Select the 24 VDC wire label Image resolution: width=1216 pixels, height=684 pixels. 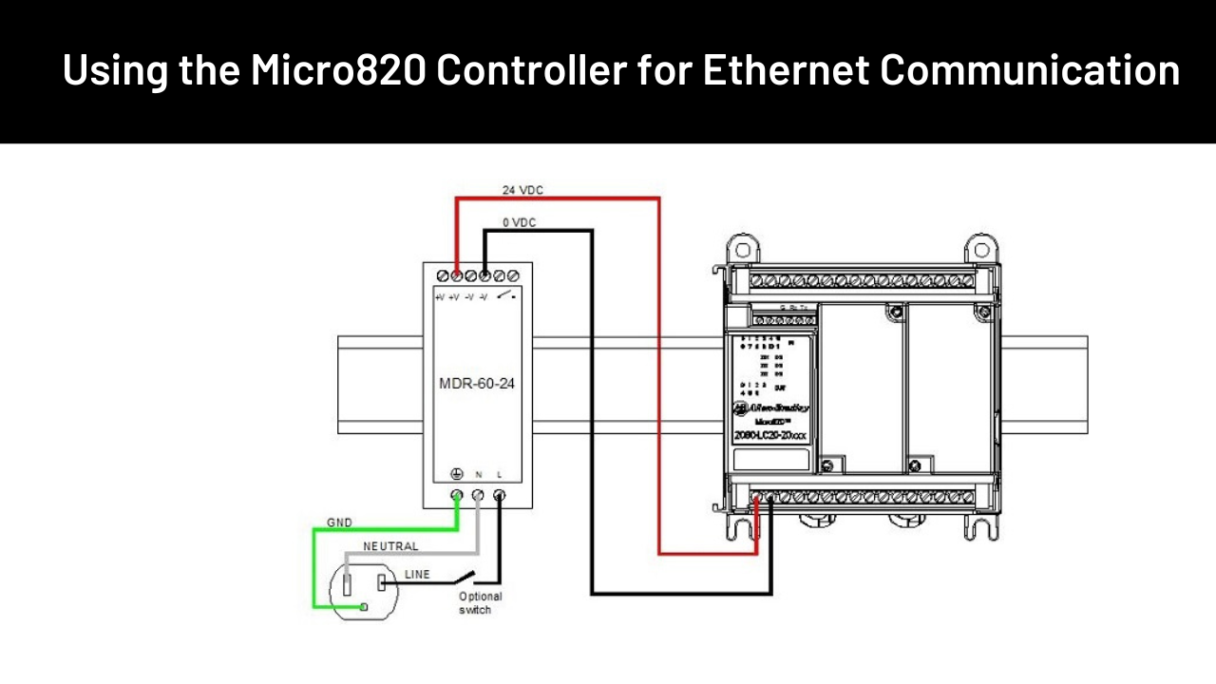tap(522, 190)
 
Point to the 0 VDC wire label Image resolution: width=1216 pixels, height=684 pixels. tap(519, 222)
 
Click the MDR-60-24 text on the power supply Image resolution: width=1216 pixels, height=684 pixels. tap(477, 386)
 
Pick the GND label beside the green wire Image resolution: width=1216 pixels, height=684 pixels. tap(339, 522)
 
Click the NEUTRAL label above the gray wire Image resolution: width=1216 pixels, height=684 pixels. tap(390, 547)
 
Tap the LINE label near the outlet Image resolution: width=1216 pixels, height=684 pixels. tap(417, 575)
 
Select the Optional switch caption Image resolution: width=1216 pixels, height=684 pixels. tap(480, 602)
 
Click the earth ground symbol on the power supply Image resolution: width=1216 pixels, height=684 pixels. tap(456, 473)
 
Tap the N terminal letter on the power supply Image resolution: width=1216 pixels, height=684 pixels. tap(479, 473)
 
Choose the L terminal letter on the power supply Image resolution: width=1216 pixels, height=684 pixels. tap(500, 473)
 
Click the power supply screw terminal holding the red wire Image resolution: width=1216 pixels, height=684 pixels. tap(457, 275)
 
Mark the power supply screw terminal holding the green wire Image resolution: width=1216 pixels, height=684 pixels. tap(457, 495)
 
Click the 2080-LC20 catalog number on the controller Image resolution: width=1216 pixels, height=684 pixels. tap(770, 435)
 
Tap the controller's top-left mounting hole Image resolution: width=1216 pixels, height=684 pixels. tap(742, 251)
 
